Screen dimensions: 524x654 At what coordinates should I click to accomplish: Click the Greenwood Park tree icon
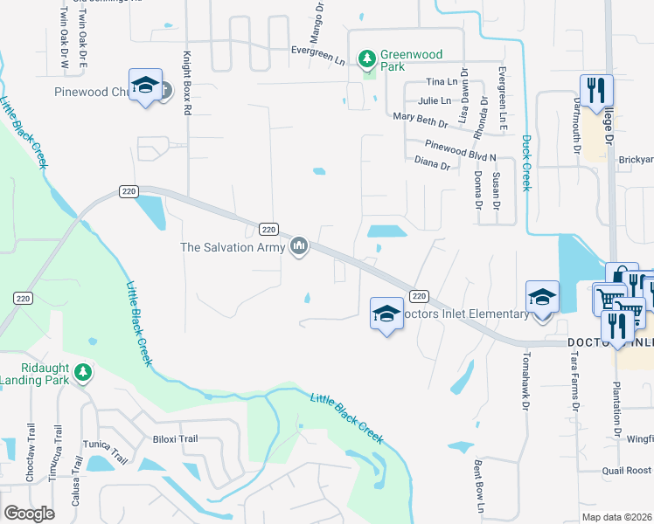[368, 59]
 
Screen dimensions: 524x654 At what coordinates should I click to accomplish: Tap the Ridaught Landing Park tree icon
[83, 372]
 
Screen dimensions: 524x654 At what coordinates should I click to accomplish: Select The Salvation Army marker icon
[300, 247]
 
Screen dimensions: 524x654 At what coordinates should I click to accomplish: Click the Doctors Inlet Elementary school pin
[386, 314]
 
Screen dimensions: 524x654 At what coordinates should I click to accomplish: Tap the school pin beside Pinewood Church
[145, 86]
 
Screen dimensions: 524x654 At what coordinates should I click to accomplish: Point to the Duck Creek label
[526, 162]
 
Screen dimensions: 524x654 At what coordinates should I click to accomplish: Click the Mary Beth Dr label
[420, 116]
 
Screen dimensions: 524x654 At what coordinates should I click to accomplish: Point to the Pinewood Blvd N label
[460, 150]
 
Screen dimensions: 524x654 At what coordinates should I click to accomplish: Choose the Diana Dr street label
[432, 163]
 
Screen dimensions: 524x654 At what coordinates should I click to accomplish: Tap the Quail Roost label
[626, 471]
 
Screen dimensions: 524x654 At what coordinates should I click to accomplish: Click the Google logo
[29, 514]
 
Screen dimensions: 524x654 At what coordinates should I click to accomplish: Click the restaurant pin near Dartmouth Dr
[595, 91]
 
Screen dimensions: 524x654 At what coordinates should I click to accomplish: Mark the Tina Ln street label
[440, 81]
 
